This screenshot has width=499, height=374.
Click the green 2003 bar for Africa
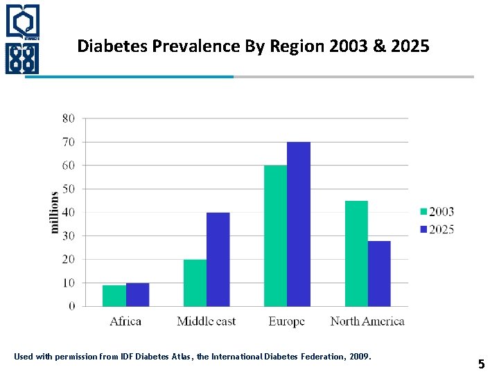(x=114, y=296)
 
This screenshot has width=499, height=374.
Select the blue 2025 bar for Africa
(x=137, y=294)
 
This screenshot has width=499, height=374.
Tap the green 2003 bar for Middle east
(x=195, y=283)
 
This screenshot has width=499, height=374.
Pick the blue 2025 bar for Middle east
(x=218, y=259)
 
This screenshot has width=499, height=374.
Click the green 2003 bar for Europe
(x=275, y=235)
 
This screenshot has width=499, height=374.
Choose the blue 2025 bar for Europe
(x=299, y=224)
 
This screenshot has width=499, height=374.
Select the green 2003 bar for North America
(x=356, y=253)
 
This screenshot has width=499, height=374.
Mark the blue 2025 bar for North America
(x=379, y=274)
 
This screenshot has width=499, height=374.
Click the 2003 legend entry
(x=437, y=212)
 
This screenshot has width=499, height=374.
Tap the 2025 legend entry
(x=437, y=229)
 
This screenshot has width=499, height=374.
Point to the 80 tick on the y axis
(x=69, y=118)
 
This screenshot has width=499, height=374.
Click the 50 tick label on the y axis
(x=69, y=189)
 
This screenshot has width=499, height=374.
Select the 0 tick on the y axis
(x=72, y=306)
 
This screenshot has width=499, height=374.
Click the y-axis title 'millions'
(x=55, y=212)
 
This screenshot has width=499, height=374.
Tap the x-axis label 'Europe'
(x=286, y=321)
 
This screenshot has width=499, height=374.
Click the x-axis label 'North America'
(x=367, y=321)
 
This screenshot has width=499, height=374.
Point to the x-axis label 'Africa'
(x=125, y=321)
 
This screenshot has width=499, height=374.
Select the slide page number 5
(x=481, y=363)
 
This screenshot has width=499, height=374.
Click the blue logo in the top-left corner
(x=23, y=39)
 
